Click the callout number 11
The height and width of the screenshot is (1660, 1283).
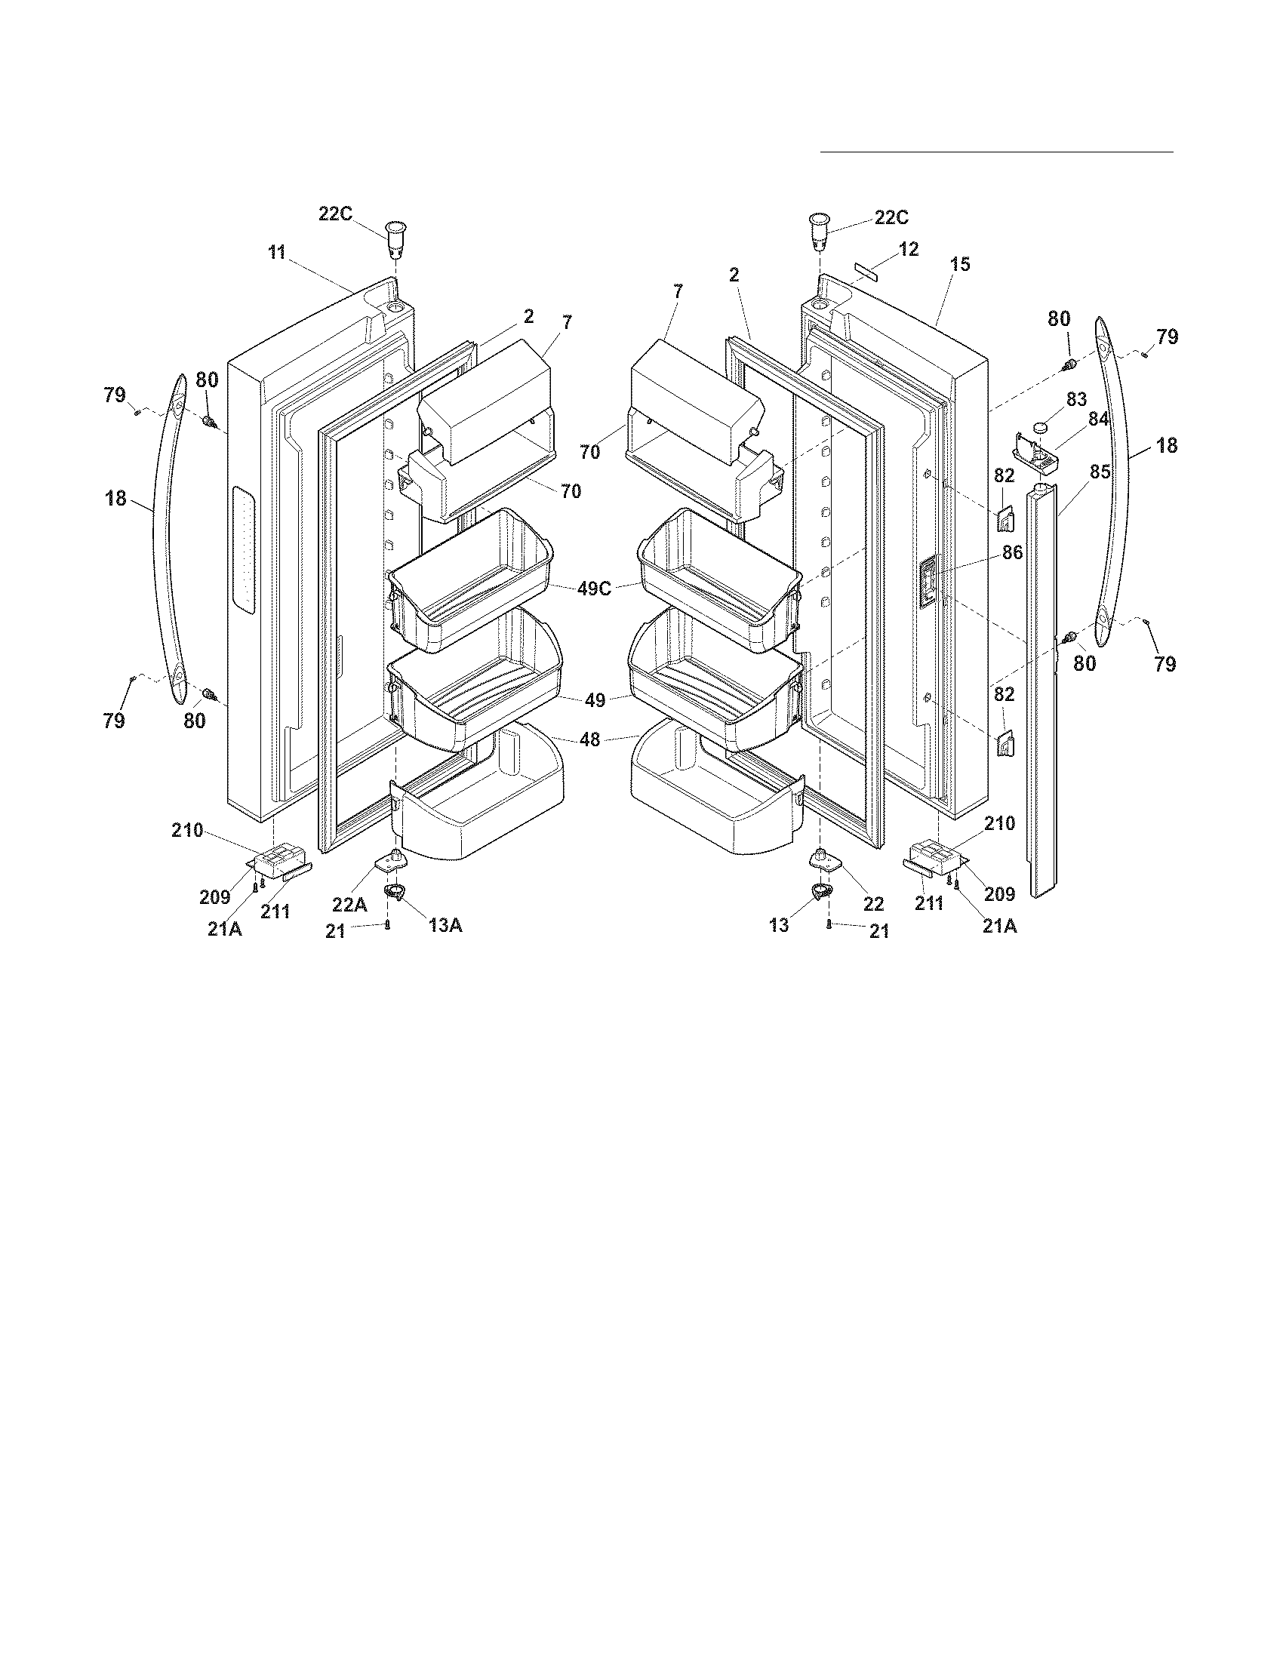point(276,253)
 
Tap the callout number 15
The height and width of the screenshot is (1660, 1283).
point(960,265)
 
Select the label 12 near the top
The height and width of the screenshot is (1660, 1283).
point(908,249)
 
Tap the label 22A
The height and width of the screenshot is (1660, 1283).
point(349,904)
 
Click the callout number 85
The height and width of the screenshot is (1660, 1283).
point(1100,472)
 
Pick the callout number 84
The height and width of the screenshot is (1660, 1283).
point(1098,420)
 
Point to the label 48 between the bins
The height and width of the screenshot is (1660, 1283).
point(589,739)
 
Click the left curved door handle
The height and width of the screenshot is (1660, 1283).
point(166,532)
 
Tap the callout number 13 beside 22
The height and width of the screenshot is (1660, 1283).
point(779,925)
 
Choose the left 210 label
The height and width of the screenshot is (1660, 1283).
point(187,831)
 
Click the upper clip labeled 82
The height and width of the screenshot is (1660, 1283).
point(1004,521)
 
